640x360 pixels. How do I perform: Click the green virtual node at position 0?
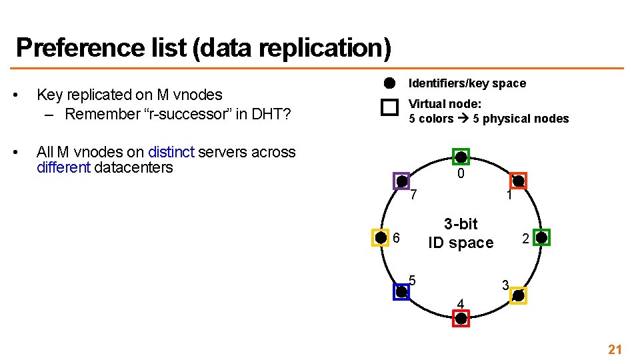coord(461,157)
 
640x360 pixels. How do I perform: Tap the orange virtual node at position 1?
coord(519,181)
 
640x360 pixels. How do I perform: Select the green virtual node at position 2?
coord(542,237)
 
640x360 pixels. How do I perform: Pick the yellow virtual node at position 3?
coord(519,295)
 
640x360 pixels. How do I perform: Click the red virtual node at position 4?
coord(461,318)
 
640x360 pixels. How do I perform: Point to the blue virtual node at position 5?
coord(401,291)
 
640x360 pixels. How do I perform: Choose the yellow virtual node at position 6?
coord(380,237)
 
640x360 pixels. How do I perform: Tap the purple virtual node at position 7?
coord(401,181)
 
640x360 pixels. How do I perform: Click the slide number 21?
coord(614,349)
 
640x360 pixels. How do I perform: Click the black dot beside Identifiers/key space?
coord(389,83)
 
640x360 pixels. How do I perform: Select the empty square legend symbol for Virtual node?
coord(389,109)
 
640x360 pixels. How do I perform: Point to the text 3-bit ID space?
coord(461,233)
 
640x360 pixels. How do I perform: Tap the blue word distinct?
coord(171,152)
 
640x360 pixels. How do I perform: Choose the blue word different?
coord(63,167)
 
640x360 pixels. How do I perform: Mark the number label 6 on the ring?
coord(396,238)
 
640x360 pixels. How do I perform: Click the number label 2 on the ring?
coord(525,238)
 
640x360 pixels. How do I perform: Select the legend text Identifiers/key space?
coord(467,83)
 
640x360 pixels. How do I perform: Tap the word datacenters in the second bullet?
coord(133,167)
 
